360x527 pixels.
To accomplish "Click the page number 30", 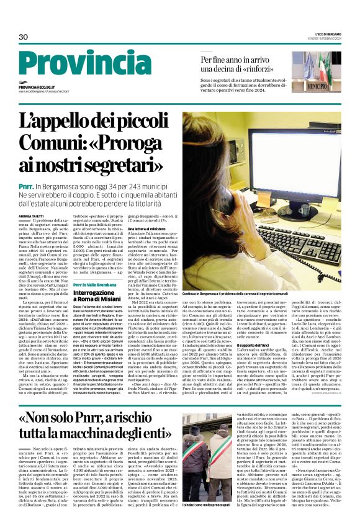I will [24, 37].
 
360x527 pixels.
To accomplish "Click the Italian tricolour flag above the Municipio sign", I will [317, 62].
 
